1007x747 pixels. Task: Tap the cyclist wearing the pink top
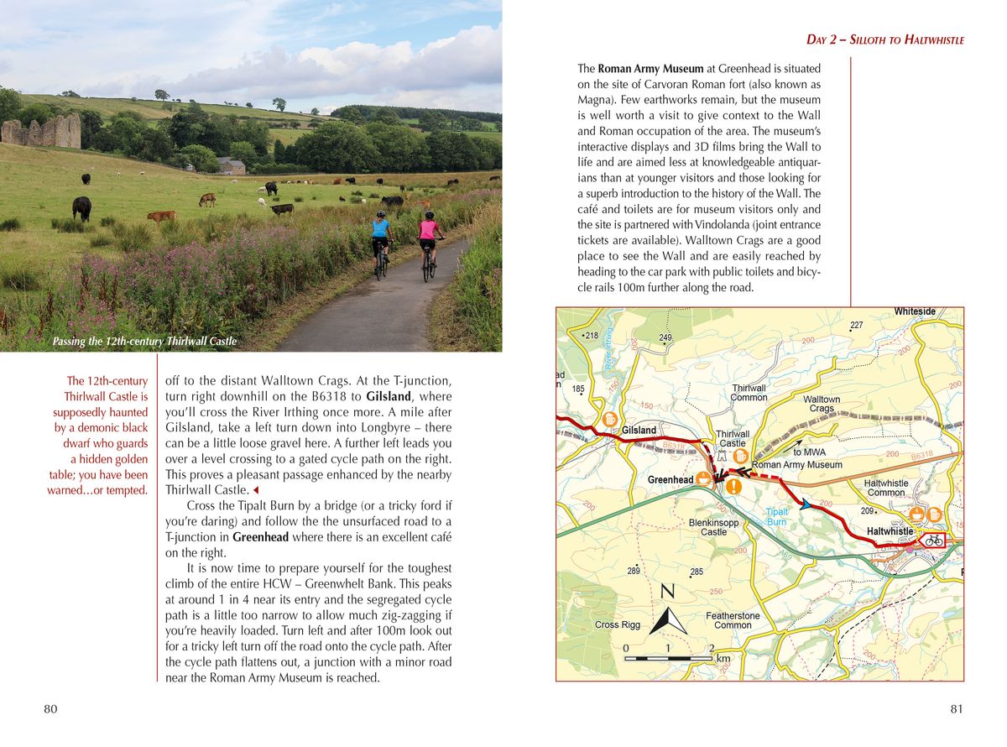coord(429,244)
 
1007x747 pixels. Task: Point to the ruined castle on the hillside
coord(41,131)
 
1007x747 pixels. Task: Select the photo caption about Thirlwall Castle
coord(143,342)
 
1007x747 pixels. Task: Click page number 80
coord(50,709)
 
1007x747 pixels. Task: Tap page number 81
coord(957,709)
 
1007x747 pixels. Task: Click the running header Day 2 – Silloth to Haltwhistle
coord(884,39)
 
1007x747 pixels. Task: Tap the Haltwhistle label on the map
coord(890,531)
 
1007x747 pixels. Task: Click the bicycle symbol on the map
coord(932,541)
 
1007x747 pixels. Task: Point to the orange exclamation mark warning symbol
coord(735,485)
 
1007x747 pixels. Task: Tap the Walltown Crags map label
coord(822,404)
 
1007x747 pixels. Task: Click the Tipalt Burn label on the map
coord(777,516)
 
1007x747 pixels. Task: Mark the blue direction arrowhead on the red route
coord(806,504)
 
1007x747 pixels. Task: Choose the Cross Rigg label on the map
coord(618,624)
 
